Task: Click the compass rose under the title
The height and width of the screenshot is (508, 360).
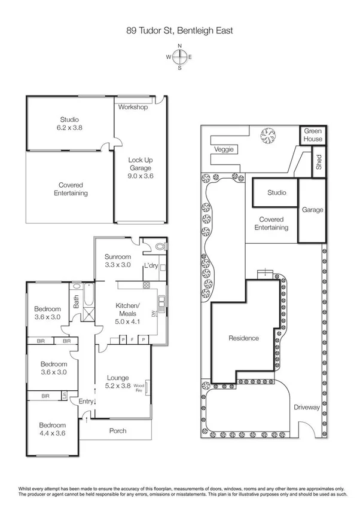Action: (179, 57)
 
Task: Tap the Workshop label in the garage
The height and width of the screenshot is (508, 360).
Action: (133, 108)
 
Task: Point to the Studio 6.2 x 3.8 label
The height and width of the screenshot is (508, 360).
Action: (69, 123)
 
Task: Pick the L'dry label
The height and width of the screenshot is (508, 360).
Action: (150, 266)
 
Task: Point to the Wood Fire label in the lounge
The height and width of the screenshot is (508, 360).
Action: (139, 387)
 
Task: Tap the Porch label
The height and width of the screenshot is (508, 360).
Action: (117, 431)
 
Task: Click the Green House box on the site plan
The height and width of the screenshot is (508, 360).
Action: (313, 135)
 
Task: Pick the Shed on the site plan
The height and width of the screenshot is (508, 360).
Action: (319, 163)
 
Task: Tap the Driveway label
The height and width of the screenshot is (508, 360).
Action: (307, 408)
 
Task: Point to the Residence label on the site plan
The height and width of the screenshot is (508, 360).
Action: (243, 338)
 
